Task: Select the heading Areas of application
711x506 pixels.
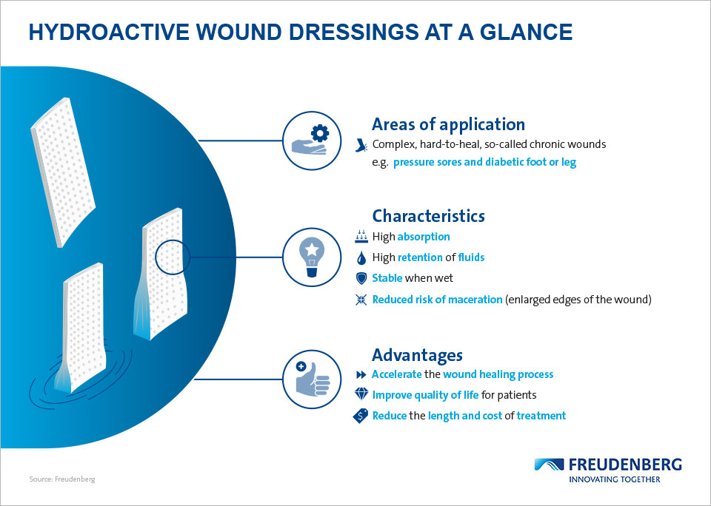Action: [448, 124]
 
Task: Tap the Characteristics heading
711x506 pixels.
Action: [428, 216]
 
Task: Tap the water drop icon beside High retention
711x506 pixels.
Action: [361, 257]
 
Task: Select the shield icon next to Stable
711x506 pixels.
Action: [361, 278]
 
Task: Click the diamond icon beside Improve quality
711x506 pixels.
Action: [361, 394]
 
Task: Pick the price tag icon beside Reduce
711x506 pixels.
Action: [361, 416]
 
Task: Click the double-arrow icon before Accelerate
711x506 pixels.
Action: [361, 374]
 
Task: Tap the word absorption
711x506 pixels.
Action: [424, 237]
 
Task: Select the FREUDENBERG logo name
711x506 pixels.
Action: [625, 465]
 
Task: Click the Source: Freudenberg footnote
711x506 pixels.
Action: [62, 479]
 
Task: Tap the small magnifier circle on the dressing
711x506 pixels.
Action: [174, 257]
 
